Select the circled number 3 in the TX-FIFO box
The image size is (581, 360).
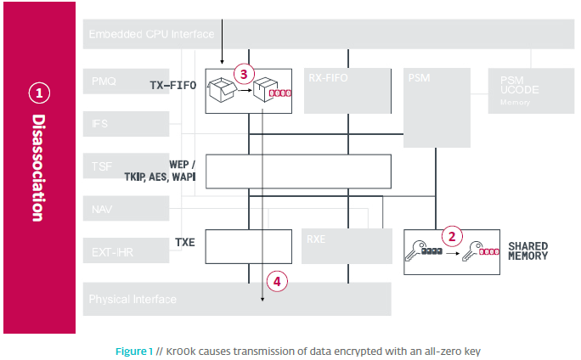(x=244, y=74)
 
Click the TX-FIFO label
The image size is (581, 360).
(x=172, y=86)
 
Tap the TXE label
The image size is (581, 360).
(x=184, y=242)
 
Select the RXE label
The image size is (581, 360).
(x=316, y=239)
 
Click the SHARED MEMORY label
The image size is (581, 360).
(x=527, y=251)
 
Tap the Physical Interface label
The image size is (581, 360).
(x=133, y=299)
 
